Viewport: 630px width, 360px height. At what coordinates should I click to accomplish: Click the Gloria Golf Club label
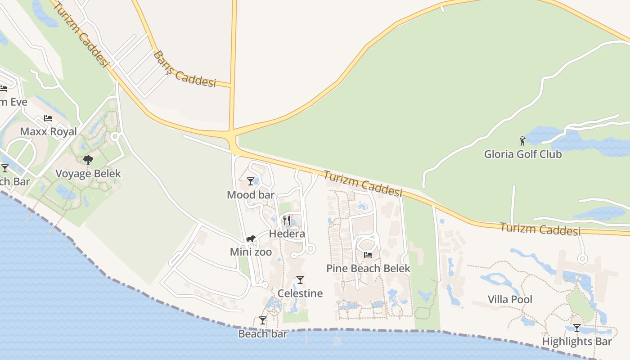pos(523,154)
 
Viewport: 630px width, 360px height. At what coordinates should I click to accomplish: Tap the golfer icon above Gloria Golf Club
pos(522,141)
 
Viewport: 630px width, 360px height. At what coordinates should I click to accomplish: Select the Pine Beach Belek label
pos(368,269)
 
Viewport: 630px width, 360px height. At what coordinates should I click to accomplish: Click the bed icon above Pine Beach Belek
pos(368,255)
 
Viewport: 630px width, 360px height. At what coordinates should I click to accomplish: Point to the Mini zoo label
pos(251,252)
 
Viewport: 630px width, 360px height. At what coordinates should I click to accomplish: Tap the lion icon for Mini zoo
pos(251,239)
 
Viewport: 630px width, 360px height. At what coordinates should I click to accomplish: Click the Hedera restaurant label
pos(287,234)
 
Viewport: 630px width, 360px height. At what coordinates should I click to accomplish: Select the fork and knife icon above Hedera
pos(287,220)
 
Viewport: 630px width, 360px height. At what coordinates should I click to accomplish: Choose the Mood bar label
pos(251,195)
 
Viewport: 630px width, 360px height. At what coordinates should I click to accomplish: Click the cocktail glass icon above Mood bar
pos(251,181)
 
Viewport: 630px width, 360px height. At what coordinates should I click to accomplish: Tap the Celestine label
pos(300,293)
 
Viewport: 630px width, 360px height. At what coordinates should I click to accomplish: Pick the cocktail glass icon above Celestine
pos(300,280)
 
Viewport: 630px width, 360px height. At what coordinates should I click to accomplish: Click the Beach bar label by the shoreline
pos(262,334)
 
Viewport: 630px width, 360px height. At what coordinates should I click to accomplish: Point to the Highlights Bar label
pos(577,342)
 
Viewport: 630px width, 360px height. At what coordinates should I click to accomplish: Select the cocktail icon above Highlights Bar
pos(577,328)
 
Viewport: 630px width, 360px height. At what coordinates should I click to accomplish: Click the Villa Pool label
pos(510,300)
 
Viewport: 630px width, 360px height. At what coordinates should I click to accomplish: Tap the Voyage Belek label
pos(88,174)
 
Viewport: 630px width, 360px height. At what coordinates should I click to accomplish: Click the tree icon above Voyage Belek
pos(88,160)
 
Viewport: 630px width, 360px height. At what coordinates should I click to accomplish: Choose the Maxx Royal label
pos(49,132)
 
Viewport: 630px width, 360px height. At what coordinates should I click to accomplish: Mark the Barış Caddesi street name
pos(184,70)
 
